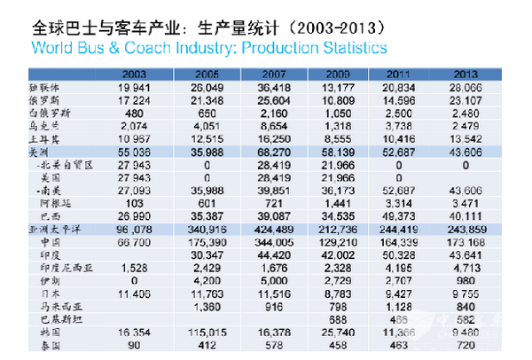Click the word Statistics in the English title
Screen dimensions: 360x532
coord(346,45)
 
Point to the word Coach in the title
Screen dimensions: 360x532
coord(133,45)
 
